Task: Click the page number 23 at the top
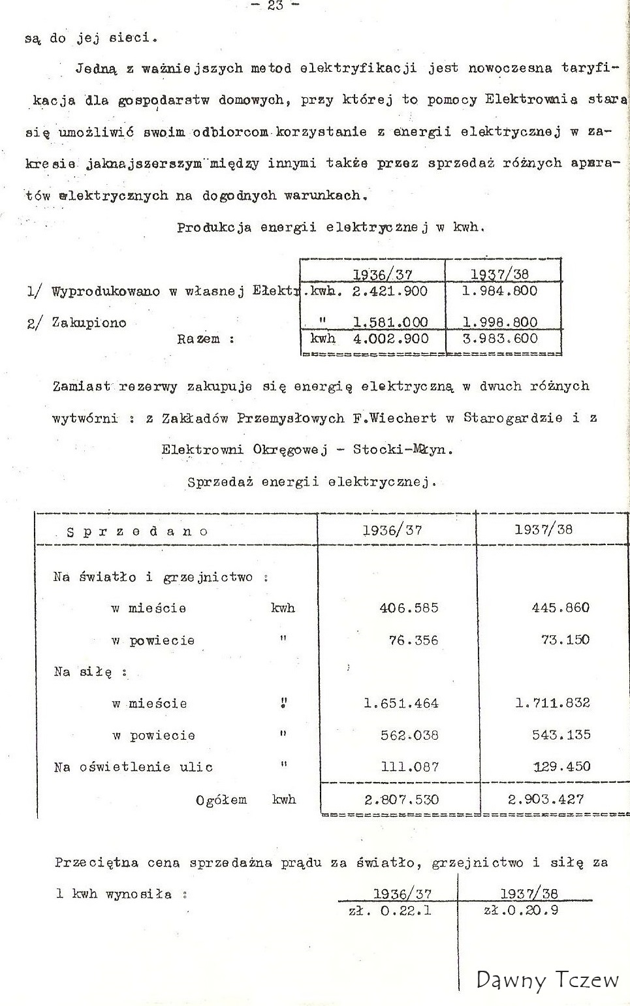click(275, 6)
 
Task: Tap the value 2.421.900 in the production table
click(389, 291)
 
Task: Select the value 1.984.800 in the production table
click(499, 291)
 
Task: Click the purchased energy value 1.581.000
click(390, 322)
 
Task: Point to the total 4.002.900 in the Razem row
click(390, 339)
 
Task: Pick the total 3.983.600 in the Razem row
click(500, 339)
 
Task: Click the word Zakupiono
click(89, 322)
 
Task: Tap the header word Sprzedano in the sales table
click(137, 531)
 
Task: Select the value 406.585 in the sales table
click(409, 608)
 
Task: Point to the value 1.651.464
click(401, 704)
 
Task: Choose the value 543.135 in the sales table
click(561, 735)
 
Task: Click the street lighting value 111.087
click(409, 767)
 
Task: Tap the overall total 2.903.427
click(548, 799)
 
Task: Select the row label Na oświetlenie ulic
click(133, 767)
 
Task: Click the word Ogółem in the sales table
click(221, 800)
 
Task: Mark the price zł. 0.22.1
click(390, 910)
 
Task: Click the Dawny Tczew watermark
click(547, 980)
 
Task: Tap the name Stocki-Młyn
click(402, 449)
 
